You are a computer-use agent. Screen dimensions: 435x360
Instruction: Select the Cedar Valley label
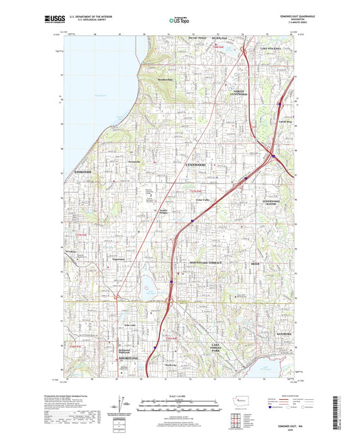[x=203, y=201]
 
